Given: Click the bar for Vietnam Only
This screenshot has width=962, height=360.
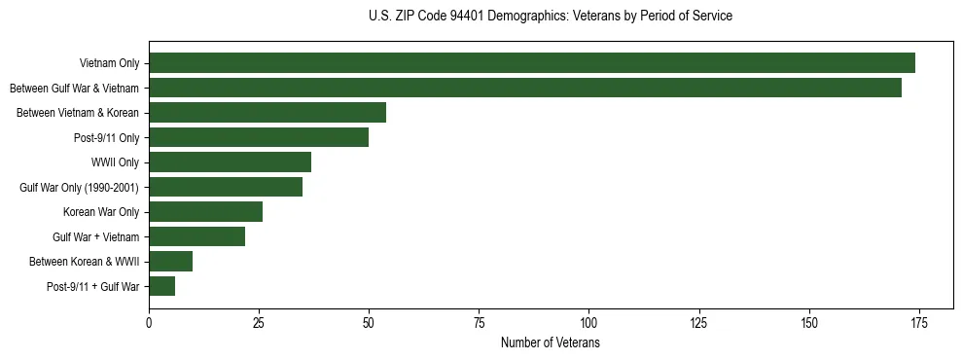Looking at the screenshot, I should click(x=532, y=63).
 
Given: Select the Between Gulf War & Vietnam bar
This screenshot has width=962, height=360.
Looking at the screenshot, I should click(x=525, y=88).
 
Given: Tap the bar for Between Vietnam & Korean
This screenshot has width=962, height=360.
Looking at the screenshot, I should click(x=267, y=113).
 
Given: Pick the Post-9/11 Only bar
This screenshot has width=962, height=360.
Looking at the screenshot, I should click(x=259, y=137).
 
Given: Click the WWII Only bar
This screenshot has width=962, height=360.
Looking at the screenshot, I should click(x=230, y=162).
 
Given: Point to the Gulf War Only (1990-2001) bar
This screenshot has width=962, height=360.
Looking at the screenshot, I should click(x=226, y=187).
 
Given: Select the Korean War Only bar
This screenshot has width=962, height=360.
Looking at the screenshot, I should click(x=205, y=212).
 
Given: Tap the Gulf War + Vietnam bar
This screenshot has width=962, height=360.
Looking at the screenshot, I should click(x=196, y=236).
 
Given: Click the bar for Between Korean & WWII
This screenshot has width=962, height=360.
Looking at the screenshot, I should click(x=170, y=262).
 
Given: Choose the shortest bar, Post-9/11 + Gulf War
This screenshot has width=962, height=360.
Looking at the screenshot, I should click(x=161, y=286).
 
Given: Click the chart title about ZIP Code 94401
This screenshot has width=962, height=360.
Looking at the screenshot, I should click(x=551, y=17).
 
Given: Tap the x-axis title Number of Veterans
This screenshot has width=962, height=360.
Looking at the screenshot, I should click(x=551, y=343).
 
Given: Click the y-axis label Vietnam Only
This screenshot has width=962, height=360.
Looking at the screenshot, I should click(x=109, y=63).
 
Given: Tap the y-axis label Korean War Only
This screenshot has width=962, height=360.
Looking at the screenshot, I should click(x=101, y=212).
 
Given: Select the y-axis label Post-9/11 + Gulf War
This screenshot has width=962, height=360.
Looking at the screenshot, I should click(x=93, y=286).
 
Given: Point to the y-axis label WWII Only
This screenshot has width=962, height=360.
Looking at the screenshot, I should click(x=115, y=162).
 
